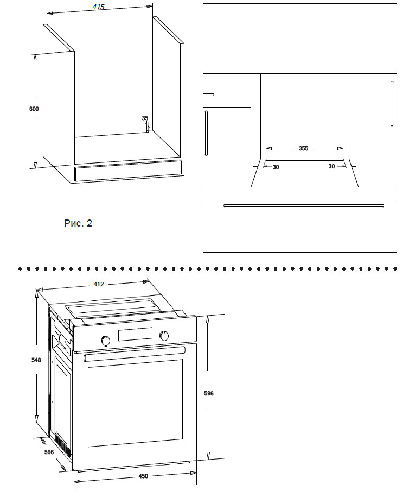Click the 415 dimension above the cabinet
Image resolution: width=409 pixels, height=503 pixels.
(99, 7)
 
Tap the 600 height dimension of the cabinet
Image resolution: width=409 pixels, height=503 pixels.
(34, 109)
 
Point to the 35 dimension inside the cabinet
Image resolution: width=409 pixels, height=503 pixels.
(145, 118)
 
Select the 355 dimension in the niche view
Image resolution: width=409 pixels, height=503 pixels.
(304, 148)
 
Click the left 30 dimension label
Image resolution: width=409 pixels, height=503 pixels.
(276, 167)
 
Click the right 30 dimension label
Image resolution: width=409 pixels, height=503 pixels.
(331, 166)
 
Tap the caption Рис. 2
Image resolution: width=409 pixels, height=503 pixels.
(78, 223)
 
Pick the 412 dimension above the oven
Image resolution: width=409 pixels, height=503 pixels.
(99, 284)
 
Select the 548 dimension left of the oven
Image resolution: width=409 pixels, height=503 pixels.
(36, 360)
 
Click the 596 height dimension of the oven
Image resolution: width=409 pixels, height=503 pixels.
(209, 393)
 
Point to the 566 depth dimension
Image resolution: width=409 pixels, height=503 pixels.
(49, 452)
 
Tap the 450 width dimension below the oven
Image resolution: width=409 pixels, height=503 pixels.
(143, 476)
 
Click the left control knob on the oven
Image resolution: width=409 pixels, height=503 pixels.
(106, 341)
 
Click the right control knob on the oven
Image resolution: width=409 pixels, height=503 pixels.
(164, 336)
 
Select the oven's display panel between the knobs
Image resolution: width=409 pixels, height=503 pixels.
(135, 334)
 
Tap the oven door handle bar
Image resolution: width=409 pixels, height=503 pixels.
(135, 354)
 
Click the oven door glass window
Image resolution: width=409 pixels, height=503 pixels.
(135, 403)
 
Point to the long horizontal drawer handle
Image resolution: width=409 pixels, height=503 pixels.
(304, 206)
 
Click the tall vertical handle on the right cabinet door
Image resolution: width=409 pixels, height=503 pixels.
(392, 104)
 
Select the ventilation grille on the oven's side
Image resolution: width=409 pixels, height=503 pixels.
(63, 445)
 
